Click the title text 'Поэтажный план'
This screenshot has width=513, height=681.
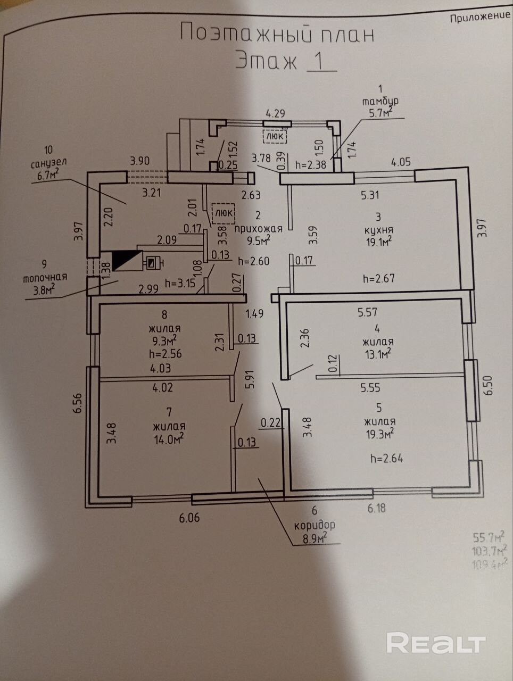coord(277,34)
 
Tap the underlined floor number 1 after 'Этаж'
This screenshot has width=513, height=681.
coord(320,61)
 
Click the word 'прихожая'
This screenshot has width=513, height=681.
coord(258,228)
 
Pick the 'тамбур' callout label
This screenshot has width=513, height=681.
coord(380,101)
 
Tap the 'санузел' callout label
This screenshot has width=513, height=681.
coord(49,163)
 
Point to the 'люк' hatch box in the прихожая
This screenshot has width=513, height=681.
coord(224,212)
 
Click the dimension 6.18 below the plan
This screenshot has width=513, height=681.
coord(376,508)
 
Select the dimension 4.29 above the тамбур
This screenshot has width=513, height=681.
coord(276,113)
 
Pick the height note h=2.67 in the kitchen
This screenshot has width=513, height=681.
coord(378,278)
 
